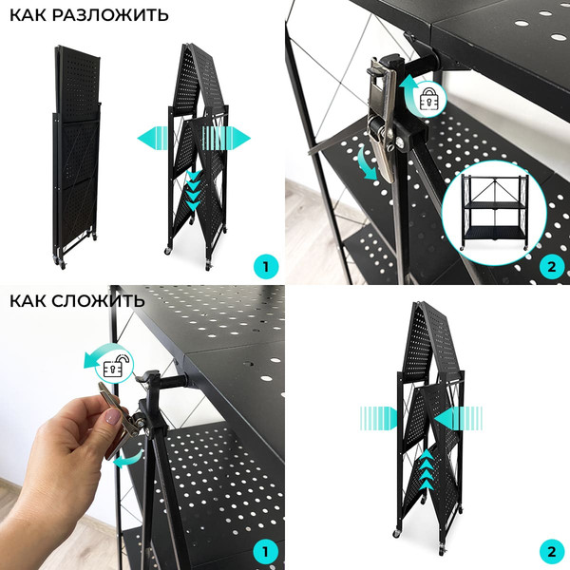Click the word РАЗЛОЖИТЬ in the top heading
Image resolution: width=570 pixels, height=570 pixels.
point(110,15)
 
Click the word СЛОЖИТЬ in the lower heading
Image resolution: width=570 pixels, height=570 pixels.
point(98,301)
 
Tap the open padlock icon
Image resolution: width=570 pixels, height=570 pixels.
point(115,366)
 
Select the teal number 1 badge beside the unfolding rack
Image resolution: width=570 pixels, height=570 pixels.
point(265,267)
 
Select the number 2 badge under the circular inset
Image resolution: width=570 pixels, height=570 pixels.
point(551,267)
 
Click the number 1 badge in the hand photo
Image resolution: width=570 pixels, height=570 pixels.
point(265,552)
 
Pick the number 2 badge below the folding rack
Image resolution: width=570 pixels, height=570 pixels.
point(551,552)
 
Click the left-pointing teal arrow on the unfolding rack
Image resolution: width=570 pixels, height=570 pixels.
point(153,138)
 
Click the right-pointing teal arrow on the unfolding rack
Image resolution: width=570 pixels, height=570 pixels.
point(226,138)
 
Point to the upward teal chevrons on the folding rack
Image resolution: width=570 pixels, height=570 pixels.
point(427,469)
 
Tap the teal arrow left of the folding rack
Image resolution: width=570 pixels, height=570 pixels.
point(378,418)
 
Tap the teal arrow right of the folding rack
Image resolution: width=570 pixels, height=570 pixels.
point(458,418)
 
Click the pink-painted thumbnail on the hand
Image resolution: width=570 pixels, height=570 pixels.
point(112,416)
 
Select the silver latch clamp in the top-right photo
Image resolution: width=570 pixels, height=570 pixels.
point(382,119)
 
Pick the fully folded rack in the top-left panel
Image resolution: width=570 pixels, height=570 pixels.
point(76,157)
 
